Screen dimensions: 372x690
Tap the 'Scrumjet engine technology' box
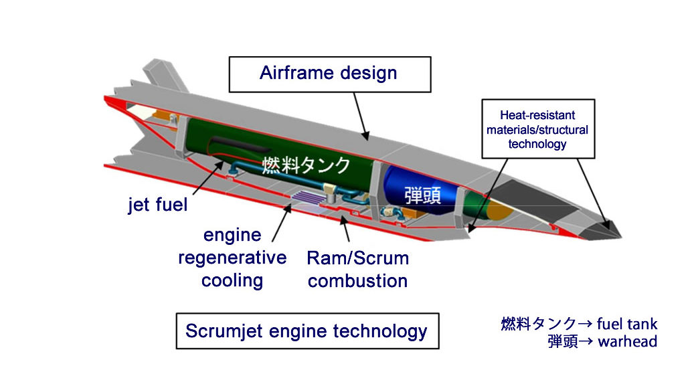307,331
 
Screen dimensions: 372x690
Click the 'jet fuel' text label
158,204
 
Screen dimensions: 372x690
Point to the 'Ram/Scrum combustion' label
357,269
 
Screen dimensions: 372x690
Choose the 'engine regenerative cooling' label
232,258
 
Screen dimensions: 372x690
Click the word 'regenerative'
232,258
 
